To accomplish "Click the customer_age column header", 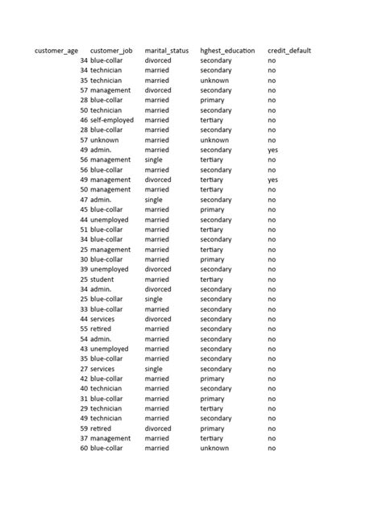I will tap(56, 51).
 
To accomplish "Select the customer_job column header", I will tap(111, 51).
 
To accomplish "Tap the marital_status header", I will tap(167, 51).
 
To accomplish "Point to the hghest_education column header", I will tap(227, 51).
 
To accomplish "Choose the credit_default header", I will tap(289, 51).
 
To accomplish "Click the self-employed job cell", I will tap(112, 120).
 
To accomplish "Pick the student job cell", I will tap(102, 279).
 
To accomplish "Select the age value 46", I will tap(84, 120).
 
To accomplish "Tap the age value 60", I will tap(84, 449).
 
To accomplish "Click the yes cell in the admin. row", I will tap(272, 150).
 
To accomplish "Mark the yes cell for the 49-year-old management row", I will tap(272, 180).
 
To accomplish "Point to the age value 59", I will tap(84, 428).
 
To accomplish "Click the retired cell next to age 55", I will tap(101, 329).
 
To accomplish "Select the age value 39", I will tap(84, 269).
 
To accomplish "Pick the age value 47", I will tap(84, 200).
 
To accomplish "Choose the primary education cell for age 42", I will tap(213, 379).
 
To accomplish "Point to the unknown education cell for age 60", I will tap(214, 449).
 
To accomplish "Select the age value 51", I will tap(84, 230).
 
